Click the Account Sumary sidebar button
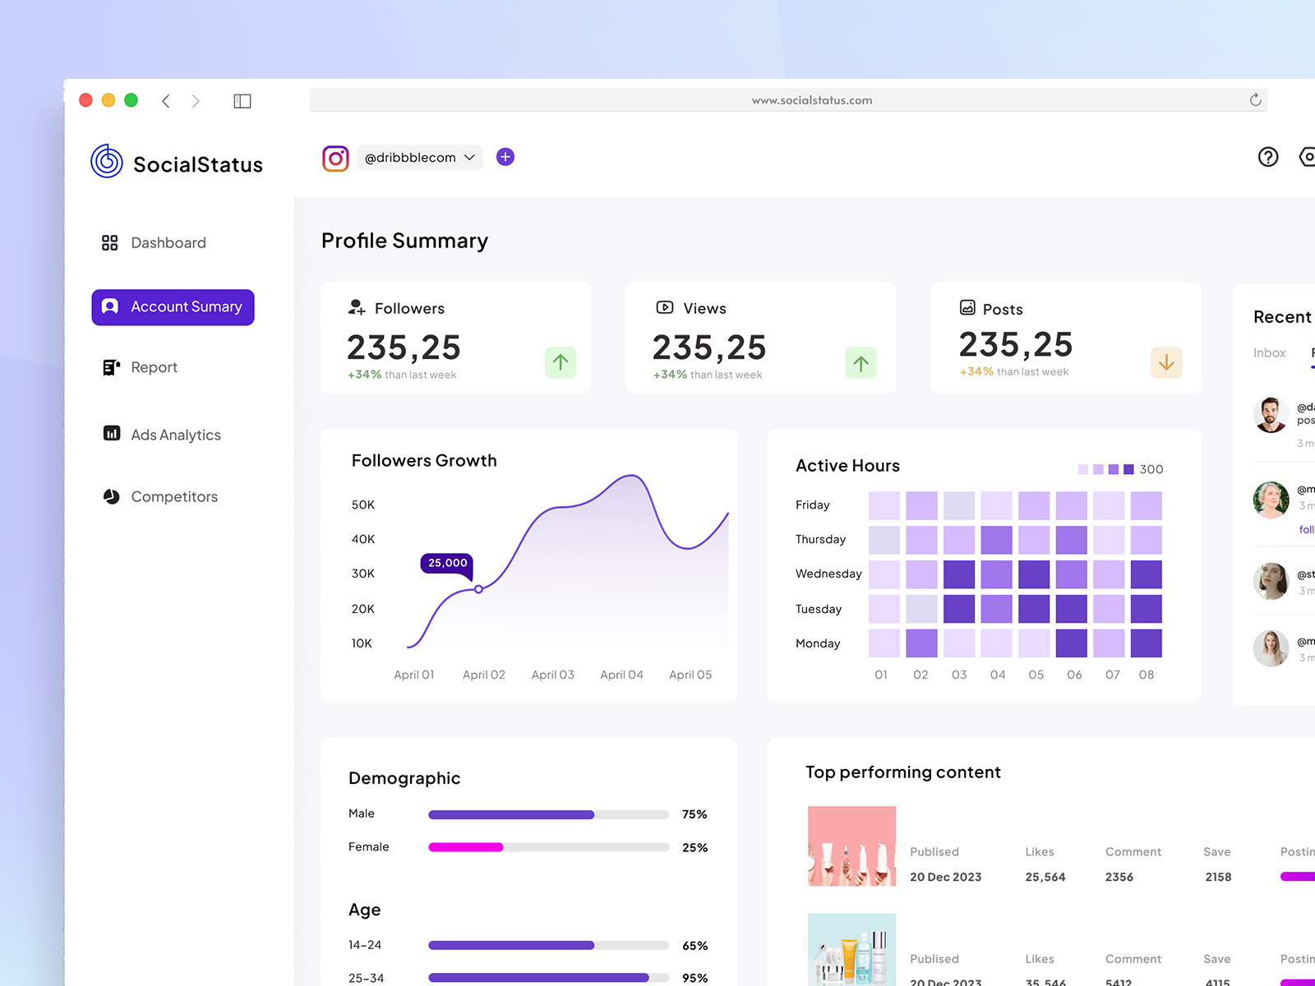point(173,306)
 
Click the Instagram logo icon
point(335,158)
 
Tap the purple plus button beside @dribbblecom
point(505,157)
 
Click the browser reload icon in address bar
point(1255,100)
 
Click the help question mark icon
point(1268,157)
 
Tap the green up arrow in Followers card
point(561,362)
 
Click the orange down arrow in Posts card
point(1166,362)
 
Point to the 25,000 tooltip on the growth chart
point(447,563)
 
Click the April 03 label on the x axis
point(552,675)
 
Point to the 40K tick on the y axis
point(362,539)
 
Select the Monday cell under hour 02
point(921,643)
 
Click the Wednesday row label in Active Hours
point(828,574)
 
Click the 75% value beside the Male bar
point(694,814)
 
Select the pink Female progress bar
point(466,847)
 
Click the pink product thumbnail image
point(851,845)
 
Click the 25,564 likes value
point(1045,877)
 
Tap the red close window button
point(85,100)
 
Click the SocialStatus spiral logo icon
point(107,161)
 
